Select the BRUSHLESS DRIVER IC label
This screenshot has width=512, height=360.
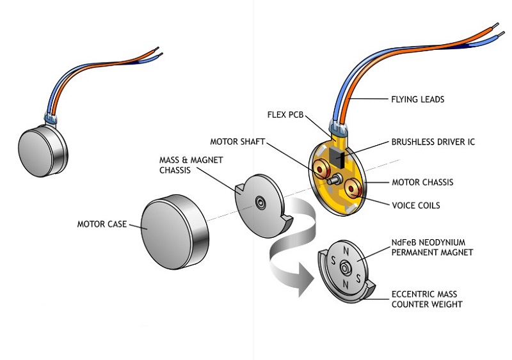433,142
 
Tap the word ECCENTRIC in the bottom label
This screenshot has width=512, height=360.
413,294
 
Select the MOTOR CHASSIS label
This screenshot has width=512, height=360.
422,182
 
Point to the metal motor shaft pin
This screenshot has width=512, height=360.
332,180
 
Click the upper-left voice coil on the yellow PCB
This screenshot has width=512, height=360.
319,168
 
